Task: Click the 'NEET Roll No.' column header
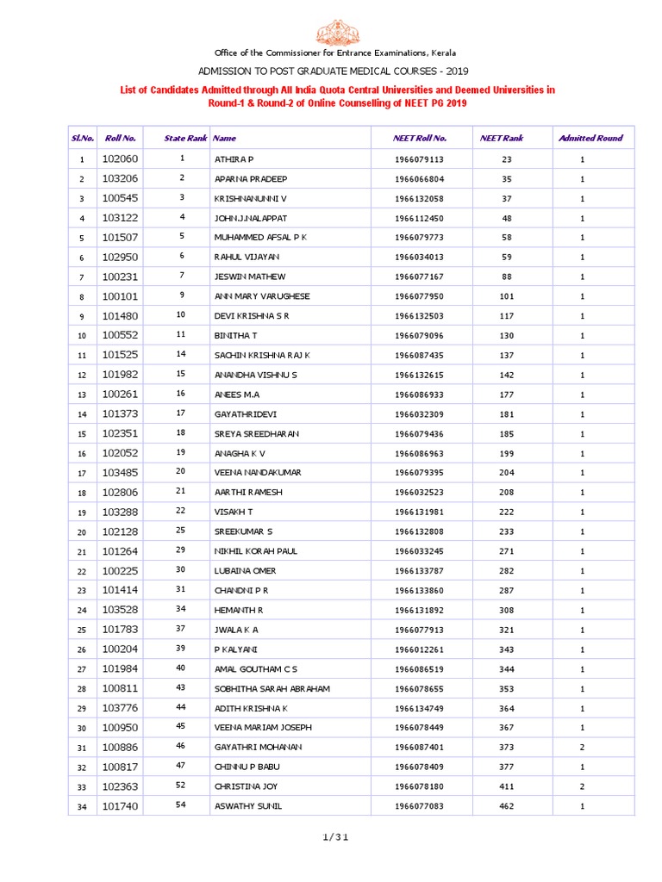[x=420, y=138]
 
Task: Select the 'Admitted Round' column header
[x=590, y=138]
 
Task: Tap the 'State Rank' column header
[x=186, y=138]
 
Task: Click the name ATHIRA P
[x=234, y=159]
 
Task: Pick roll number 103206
[x=120, y=178]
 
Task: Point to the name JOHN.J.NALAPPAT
[x=250, y=218]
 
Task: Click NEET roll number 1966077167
[x=420, y=276]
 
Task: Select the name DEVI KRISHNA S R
[x=252, y=316]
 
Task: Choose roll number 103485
[x=120, y=472]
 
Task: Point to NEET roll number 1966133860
[x=420, y=591]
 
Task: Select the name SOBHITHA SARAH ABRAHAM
[x=272, y=689]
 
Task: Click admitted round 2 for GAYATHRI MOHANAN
[x=583, y=748]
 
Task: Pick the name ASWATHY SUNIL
[x=247, y=806]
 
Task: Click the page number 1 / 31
[x=331, y=836]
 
